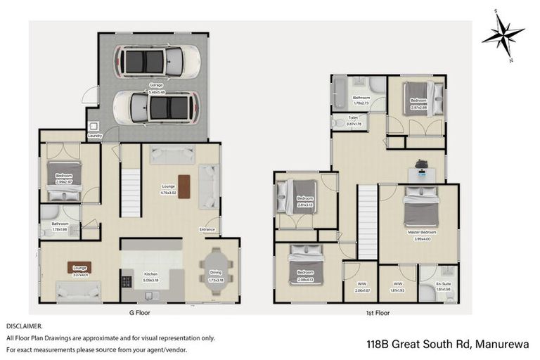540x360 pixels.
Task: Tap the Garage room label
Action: pos(155,85)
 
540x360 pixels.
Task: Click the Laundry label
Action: pos(96,136)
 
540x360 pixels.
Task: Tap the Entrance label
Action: pos(207,229)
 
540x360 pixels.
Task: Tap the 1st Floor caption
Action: pos(378,311)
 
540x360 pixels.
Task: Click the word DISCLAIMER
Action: pos(25,327)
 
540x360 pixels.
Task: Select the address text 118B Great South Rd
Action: pos(419,345)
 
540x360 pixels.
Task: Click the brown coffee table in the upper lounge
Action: pos(184,186)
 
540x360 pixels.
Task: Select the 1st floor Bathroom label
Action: pos(361,98)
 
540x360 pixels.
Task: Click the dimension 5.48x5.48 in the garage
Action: pos(155,91)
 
